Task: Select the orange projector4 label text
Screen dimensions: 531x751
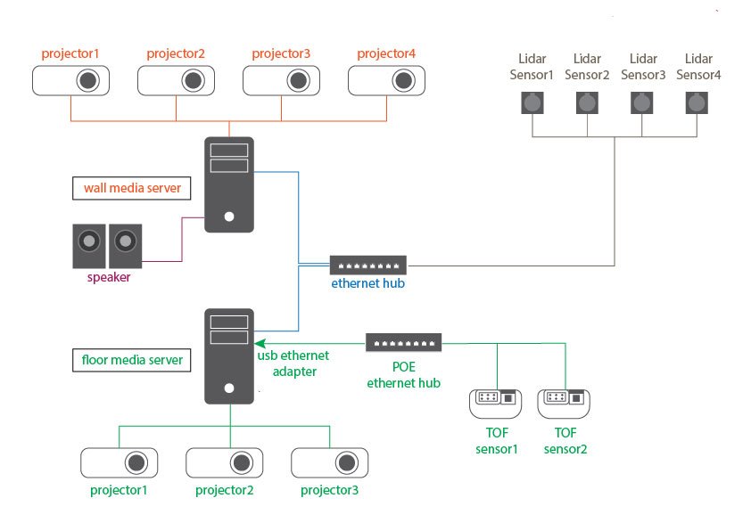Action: [x=386, y=54]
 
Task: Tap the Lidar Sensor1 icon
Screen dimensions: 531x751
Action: [x=532, y=103]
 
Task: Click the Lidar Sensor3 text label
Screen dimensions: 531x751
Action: [x=643, y=67]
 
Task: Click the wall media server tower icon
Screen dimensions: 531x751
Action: [x=229, y=184]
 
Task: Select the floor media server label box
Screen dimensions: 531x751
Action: [x=132, y=360]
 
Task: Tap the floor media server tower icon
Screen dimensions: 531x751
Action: [x=229, y=356]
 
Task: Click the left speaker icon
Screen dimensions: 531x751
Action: [x=88, y=245]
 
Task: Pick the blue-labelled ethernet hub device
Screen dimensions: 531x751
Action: [x=368, y=265]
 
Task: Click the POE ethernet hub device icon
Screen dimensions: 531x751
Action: [x=403, y=342]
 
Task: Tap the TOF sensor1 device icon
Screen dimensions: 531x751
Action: [x=496, y=403]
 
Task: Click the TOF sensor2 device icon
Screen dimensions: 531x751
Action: [x=564, y=403]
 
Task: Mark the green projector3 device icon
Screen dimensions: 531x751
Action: [x=329, y=463]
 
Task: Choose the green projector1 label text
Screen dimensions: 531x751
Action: [x=119, y=490]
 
